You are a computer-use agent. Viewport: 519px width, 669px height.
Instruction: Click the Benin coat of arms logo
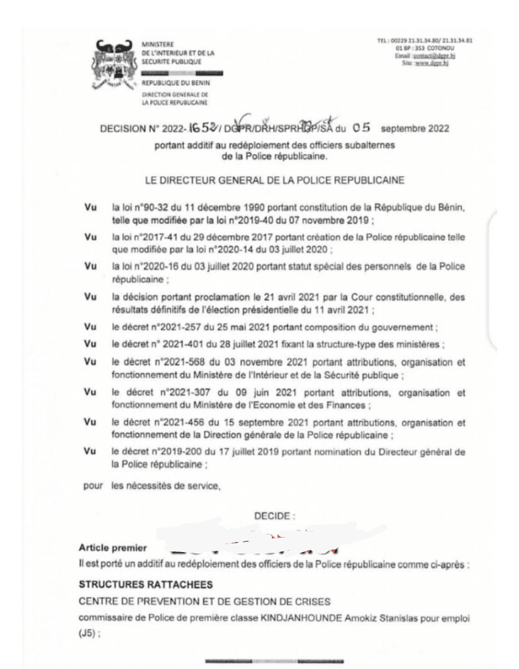click(115, 58)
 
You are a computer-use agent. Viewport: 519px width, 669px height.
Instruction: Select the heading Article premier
click(111, 548)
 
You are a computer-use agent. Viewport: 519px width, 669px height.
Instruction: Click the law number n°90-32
click(150, 208)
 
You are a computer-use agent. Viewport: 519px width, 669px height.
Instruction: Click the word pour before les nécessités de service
click(94, 485)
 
